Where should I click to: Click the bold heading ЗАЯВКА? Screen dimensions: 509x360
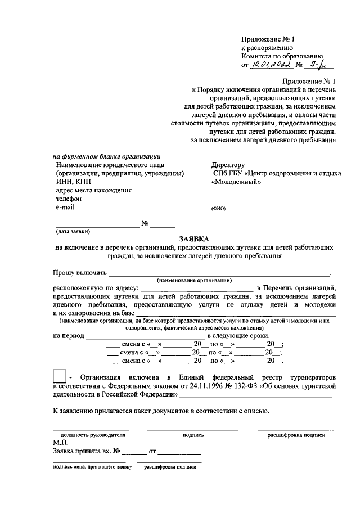195,238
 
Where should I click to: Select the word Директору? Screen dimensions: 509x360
228,165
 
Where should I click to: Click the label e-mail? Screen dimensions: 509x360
65,207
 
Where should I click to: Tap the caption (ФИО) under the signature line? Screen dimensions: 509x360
218,209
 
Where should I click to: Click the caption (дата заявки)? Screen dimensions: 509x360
73,232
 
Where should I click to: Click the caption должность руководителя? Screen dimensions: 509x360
91,435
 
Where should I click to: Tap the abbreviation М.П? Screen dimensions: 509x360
61,443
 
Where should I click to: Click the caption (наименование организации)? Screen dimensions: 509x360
195,280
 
